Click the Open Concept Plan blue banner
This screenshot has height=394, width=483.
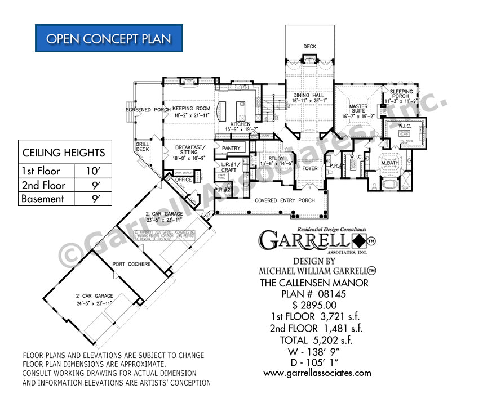(109, 38)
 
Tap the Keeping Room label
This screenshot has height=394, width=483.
(175, 108)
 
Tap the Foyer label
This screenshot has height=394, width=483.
(309, 168)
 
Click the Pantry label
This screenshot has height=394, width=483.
(231, 149)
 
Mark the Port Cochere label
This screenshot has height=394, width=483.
(131, 264)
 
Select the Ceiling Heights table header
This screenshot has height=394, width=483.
(63, 153)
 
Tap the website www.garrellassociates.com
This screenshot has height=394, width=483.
(317, 373)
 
